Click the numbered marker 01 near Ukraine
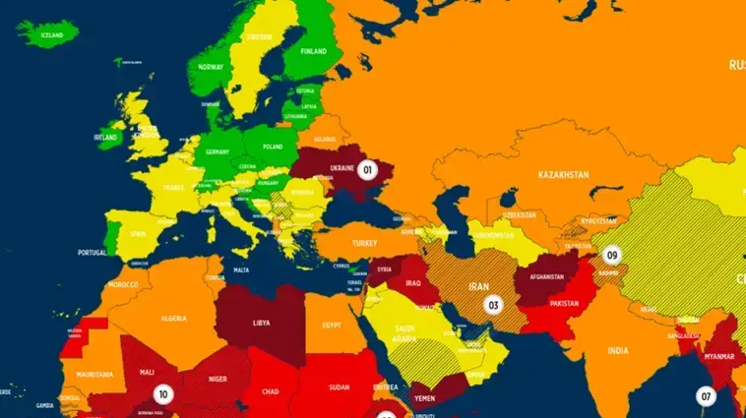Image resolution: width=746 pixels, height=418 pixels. [x=368, y=169]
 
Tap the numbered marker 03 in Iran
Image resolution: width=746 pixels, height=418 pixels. [x=494, y=305]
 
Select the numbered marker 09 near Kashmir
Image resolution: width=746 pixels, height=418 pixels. [x=612, y=255]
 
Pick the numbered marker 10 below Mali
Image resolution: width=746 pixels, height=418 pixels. [x=163, y=394]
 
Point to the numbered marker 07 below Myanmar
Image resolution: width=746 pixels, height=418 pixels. [x=706, y=396]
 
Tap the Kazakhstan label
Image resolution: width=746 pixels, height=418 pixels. [x=563, y=175]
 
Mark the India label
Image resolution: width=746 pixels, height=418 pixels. [x=617, y=351]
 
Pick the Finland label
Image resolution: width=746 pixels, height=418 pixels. [x=313, y=51]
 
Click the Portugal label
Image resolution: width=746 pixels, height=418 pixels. [x=93, y=253]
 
